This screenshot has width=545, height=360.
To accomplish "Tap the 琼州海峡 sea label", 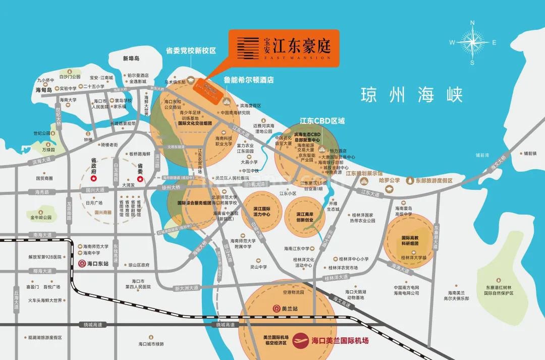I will click(x=412, y=95).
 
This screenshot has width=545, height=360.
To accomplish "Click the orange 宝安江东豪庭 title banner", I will click(x=284, y=48).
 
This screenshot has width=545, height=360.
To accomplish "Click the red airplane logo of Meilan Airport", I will click(x=302, y=339).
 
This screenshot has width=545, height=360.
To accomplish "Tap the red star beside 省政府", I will click(x=93, y=179).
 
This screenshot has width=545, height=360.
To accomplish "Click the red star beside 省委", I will click(x=140, y=179).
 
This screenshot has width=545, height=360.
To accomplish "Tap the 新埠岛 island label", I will click(x=131, y=59).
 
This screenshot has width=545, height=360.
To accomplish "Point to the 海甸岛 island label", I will click(x=44, y=90).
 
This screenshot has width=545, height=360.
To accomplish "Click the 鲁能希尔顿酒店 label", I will click(x=248, y=80).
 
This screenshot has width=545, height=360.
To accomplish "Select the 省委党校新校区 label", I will click(x=191, y=51).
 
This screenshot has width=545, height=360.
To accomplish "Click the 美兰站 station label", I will click(x=285, y=308).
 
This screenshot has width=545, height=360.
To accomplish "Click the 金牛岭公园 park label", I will click(x=40, y=218).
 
